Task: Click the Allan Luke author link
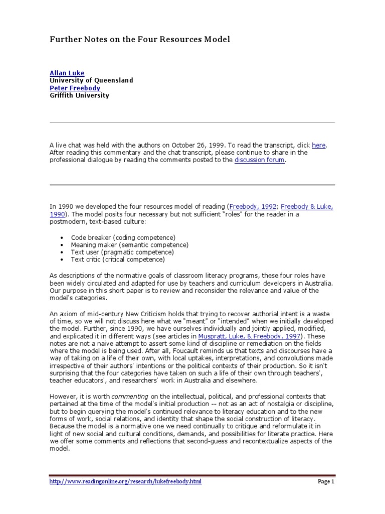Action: pyautogui.click(x=67, y=73)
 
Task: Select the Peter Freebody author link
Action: pyautogui.click(x=75, y=88)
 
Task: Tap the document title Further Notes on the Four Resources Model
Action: pyautogui.click(x=139, y=39)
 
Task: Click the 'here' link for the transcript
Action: pyautogui.click(x=319, y=145)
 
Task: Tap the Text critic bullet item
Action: pyautogui.click(x=118, y=260)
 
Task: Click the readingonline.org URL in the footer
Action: pyautogui.click(x=125, y=481)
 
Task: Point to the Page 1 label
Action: pyautogui.click(x=326, y=481)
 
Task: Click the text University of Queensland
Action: pyautogui.click(x=91, y=80)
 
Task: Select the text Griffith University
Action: pyautogui.click(x=79, y=95)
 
